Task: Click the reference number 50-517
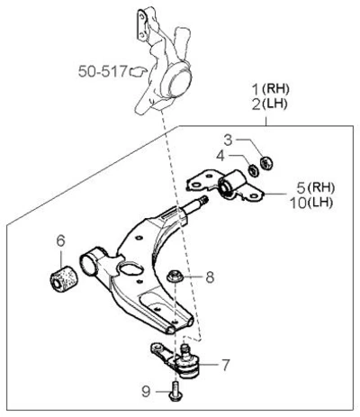pyautogui.click(x=103, y=71)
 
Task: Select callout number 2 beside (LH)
pyautogui.click(x=256, y=104)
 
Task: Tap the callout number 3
pyautogui.click(x=229, y=140)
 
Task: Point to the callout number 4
pyautogui.click(x=220, y=156)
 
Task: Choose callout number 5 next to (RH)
pyautogui.click(x=301, y=188)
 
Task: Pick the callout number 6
pyautogui.click(x=60, y=240)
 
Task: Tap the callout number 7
pyautogui.click(x=226, y=365)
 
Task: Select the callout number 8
pyautogui.click(x=210, y=276)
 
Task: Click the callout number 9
pyautogui.click(x=146, y=392)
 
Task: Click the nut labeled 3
pyautogui.click(x=266, y=163)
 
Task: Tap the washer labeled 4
pyautogui.click(x=254, y=170)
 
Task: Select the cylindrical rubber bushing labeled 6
pyautogui.click(x=64, y=278)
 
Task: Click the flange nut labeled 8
pyautogui.click(x=175, y=276)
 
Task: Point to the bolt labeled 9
pyautogui.click(x=174, y=391)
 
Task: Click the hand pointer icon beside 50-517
pyautogui.click(x=138, y=71)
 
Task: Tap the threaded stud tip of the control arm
pyautogui.click(x=204, y=199)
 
